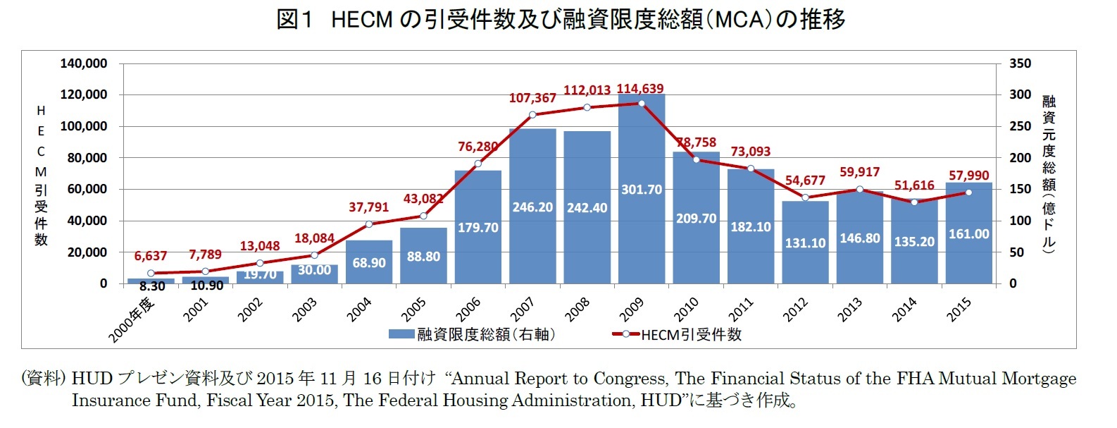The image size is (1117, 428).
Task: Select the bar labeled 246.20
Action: pyautogui.click(x=532, y=207)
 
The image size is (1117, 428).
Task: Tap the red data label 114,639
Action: pyautogui.click(x=640, y=89)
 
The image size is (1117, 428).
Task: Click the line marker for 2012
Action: pyautogui.click(x=805, y=197)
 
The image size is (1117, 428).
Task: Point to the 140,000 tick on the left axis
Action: pyautogui.click(x=84, y=63)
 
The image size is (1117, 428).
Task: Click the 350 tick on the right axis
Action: pyautogui.click(x=1020, y=63)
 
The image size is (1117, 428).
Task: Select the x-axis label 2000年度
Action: pyautogui.click(x=132, y=319)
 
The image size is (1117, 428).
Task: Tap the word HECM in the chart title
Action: pyautogui.click(x=361, y=20)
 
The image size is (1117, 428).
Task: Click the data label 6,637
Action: pyautogui.click(x=150, y=256)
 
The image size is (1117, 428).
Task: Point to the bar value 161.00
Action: pyautogui.click(x=968, y=234)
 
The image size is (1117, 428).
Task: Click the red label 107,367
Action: pyautogui.click(x=532, y=98)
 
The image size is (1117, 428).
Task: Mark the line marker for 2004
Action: pyautogui.click(x=369, y=224)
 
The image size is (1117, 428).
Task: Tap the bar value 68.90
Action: pyautogui.click(x=369, y=262)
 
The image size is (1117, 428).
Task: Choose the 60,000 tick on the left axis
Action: pyautogui.click(x=87, y=189)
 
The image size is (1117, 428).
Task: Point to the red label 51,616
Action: pyautogui.click(x=914, y=185)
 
